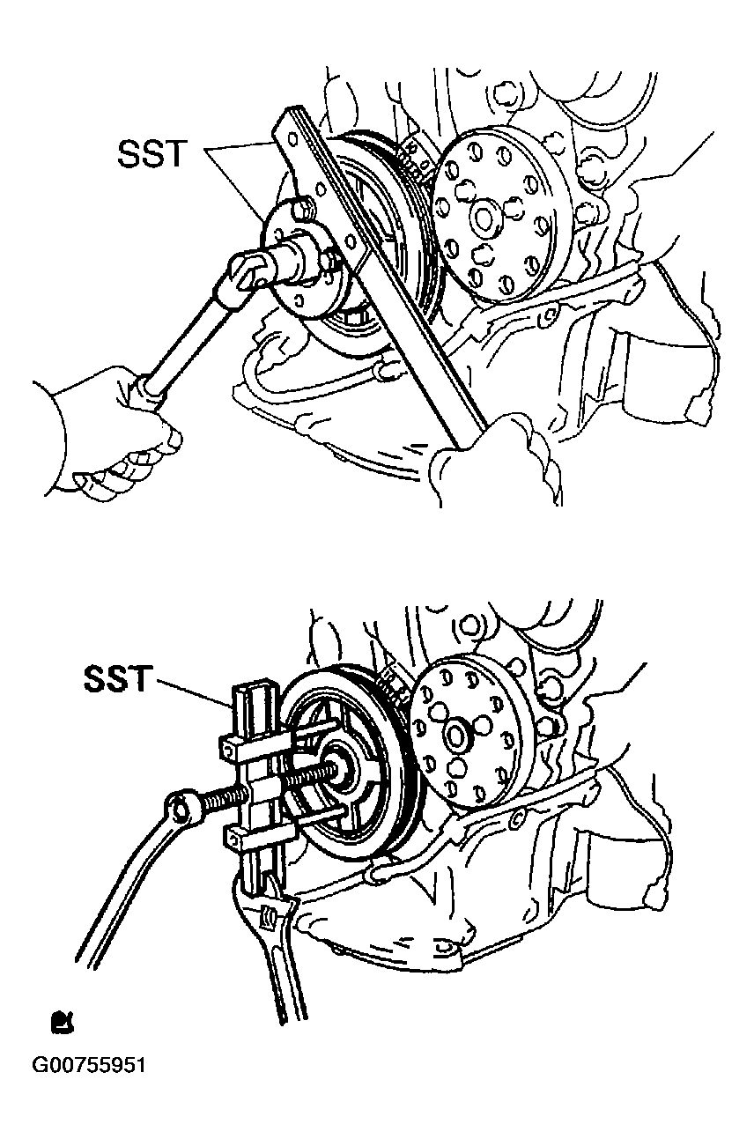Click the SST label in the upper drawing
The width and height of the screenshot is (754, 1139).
(152, 154)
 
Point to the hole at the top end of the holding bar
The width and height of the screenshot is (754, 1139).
(292, 139)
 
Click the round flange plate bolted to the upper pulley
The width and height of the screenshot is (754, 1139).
(304, 258)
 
